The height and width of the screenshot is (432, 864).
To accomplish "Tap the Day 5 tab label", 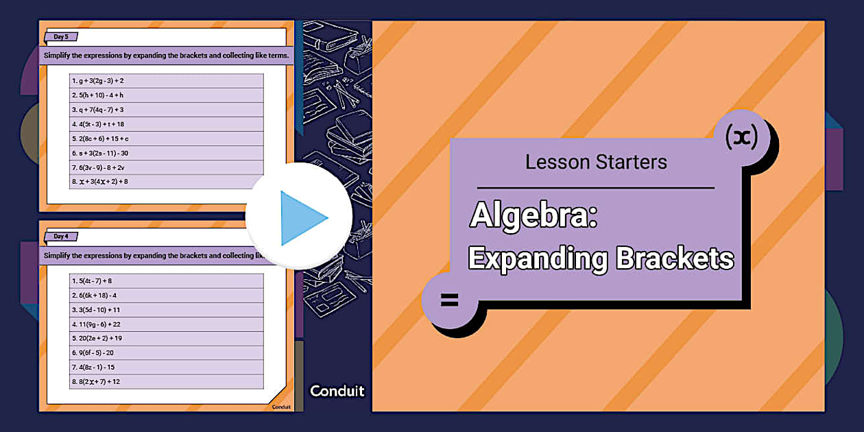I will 61,37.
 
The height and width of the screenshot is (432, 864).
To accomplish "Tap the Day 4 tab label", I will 61,237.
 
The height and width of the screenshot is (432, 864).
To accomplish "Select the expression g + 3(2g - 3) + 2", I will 98,81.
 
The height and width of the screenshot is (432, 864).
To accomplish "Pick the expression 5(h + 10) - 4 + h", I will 98,95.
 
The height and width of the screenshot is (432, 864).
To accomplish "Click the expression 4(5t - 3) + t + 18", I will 99,124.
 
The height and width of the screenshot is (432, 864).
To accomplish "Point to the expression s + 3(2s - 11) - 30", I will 101,153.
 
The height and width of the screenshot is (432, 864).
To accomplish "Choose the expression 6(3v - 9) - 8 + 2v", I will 99,167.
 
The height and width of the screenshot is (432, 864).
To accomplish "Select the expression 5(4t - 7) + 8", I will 93,281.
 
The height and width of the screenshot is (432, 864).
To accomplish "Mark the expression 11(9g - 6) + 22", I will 97,324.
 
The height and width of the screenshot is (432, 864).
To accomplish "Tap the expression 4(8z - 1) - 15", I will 94,367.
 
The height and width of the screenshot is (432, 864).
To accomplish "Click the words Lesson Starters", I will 596,162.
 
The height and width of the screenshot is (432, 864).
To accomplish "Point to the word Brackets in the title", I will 675,259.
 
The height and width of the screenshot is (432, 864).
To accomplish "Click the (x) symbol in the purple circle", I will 741,138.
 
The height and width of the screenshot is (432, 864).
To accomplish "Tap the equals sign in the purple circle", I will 449,300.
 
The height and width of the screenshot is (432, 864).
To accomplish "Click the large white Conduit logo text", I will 337,391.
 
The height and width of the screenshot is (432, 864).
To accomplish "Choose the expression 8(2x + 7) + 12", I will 96,381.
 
